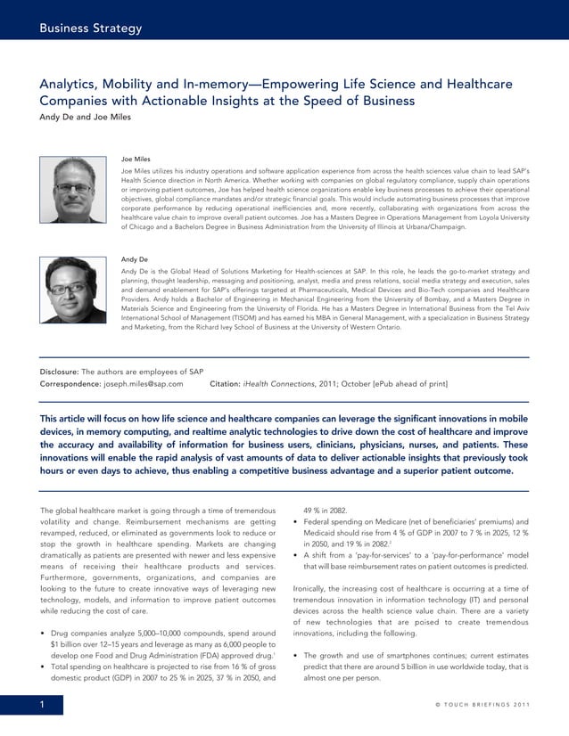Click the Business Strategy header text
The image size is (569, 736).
pyautogui.click(x=90, y=29)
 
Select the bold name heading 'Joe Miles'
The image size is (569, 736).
pyautogui.click(x=136, y=159)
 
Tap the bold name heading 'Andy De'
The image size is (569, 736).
pyautogui.click(x=134, y=259)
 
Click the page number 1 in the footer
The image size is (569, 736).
pyautogui.click(x=42, y=706)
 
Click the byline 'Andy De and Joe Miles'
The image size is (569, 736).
pyautogui.click(x=86, y=117)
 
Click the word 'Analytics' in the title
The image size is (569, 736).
pyautogui.click(x=70, y=84)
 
